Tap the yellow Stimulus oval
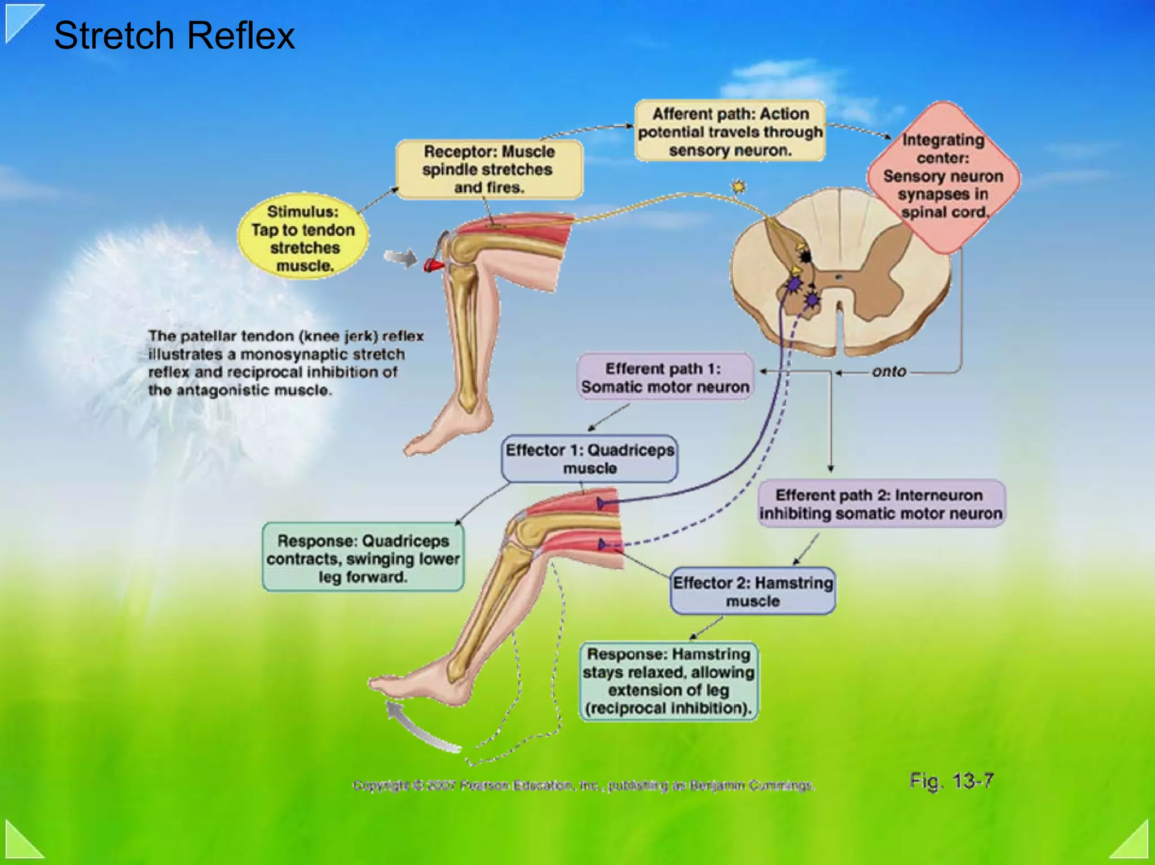click(303, 239)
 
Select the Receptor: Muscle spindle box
click(488, 169)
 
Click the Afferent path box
click(730, 131)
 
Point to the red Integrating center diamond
click(943, 176)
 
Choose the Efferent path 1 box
click(664, 377)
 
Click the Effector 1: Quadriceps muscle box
click(589, 458)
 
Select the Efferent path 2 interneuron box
click(880, 504)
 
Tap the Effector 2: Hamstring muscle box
click(752, 591)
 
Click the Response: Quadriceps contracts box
click(363, 558)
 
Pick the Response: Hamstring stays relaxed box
click(668, 681)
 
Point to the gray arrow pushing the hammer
click(400, 258)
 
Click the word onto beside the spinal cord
click(889, 372)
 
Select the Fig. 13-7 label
click(951, 781)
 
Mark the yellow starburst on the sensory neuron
click(738, 186)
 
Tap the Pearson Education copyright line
click(583, 785)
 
